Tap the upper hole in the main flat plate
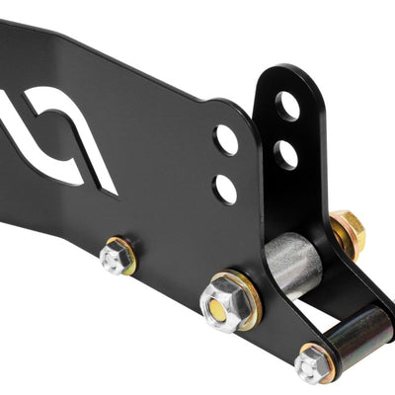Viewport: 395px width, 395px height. (226, 140)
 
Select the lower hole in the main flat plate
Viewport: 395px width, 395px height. (225, 188)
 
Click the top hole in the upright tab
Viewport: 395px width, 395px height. (287, 107)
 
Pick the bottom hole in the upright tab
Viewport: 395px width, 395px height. (284, 153)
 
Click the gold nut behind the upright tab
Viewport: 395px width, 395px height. (349, 232)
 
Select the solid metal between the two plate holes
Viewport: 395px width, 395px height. (226, 164)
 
